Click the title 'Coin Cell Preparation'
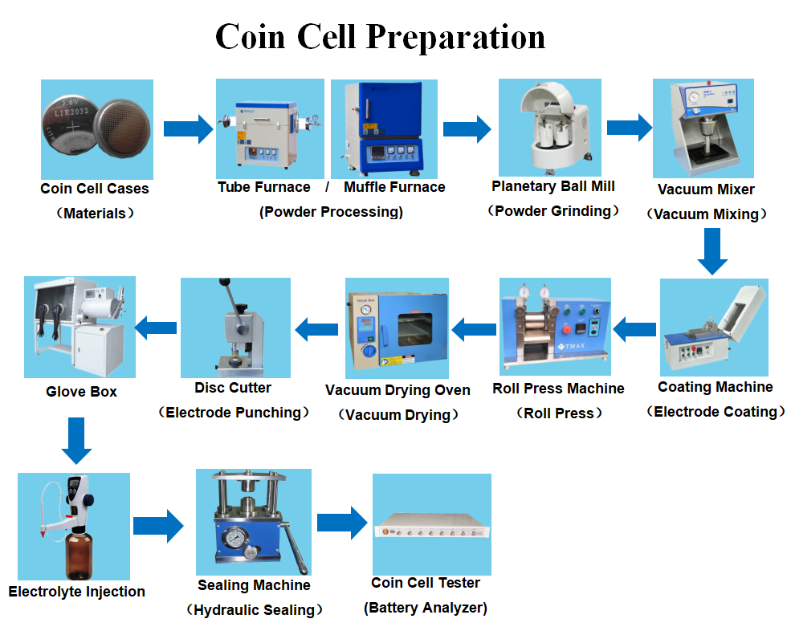(x=380, y=38)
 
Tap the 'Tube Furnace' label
(x=263, y=187)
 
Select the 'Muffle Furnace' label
(x=394, y=187)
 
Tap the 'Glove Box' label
(x=81, y=392)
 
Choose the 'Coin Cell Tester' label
(x=426, y=583)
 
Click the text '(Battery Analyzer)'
(x=426, y=607)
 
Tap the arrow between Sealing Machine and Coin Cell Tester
(x=341, y=523)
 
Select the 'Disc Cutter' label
(x=233, y=388)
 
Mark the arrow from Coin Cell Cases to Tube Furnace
(x=188, y=128)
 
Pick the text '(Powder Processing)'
(x=331, y=212)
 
